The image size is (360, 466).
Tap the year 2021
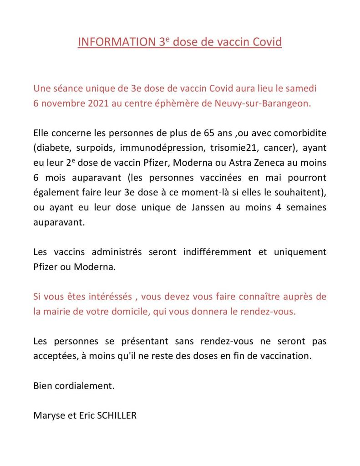click(x=92, y=103)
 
